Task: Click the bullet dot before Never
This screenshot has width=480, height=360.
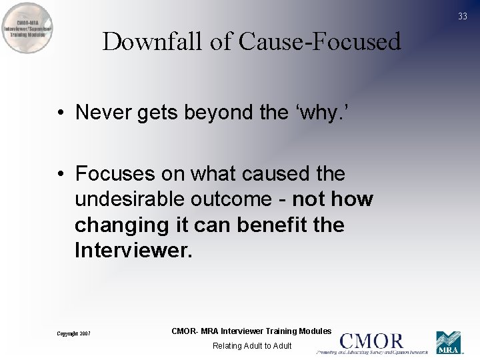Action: click(x=61, y=113)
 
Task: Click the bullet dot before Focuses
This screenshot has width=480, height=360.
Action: click(x=61, y=174)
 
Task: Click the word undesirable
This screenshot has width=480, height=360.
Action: click(x=131, y=199)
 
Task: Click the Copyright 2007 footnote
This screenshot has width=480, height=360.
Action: click(x=73, y=333)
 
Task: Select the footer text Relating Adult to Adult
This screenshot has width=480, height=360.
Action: click(x=252, y=346)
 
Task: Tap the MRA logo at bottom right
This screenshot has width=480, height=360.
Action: click(x=449, y=343)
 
